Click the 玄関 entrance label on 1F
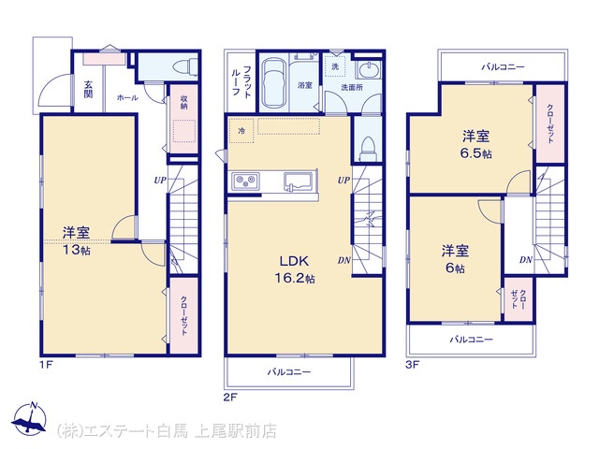(x=88, y=90)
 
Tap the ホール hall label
(x=127, y=98)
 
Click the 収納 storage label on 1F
(x=183, y=102)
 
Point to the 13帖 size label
(x=77, y=250)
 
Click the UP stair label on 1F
(x=160, y=180)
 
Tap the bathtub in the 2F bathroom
(x=273, y=84)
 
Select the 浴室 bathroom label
(x=305, y=85)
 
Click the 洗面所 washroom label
(x=352, y=87)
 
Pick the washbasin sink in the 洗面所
(x=368, y=70)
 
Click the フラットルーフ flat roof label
(x=241, y=81)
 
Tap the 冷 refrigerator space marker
(x=241, y=131)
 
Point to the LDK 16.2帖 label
(x=295, y=269)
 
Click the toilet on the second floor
(x=369, y=149)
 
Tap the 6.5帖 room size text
(x=476, y=153)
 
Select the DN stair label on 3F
(x=526, y=260)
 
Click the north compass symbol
(x=29, y=418)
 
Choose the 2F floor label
(x=230, y=398)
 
